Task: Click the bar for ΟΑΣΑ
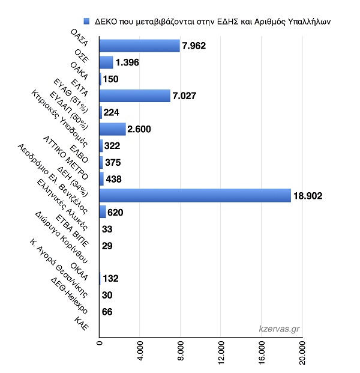point(139,46)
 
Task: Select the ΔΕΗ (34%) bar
point(195,196)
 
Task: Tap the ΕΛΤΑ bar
point(135,96)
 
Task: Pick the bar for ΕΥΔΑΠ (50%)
point(112,129)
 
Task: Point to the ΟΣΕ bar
point(106,62)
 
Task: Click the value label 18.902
point(308,196)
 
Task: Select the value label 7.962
point(194,46)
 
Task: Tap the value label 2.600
point(139,129)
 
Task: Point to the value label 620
point(115,213)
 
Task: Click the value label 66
point(107,312)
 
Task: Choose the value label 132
point(110,278)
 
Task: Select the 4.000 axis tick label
point(140,351)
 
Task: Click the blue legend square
point(86,22)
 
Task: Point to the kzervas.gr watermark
point(279,329)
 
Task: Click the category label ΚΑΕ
point(82,324)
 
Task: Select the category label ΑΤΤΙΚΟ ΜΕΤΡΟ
point(65,158)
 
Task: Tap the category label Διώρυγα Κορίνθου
point(62,237)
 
